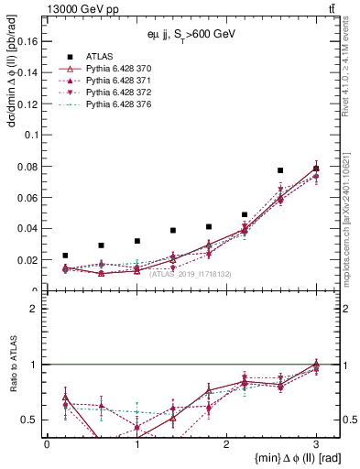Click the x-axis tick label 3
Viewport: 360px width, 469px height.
(x=316, y=442)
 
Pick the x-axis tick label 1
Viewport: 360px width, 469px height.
(x=136, y=442)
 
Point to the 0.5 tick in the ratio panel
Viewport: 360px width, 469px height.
(x=31, y=420)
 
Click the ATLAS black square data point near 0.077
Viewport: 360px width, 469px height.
(x=280, y=170)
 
